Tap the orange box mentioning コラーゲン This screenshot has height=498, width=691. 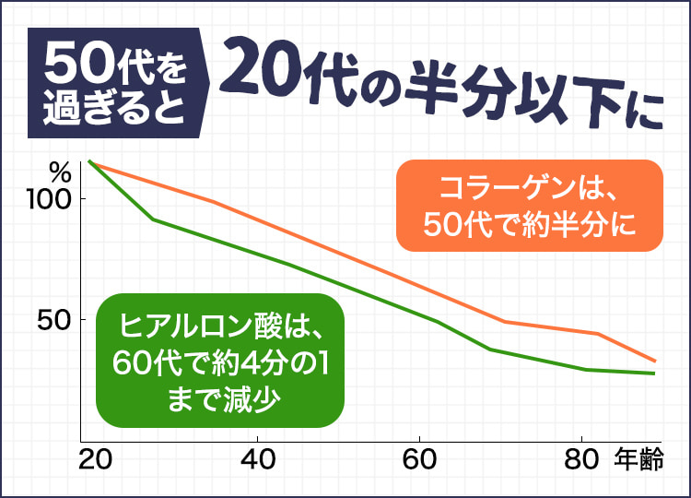point(530,206)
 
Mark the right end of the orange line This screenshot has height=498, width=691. point(655,361)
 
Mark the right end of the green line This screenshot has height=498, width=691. point(655,373)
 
